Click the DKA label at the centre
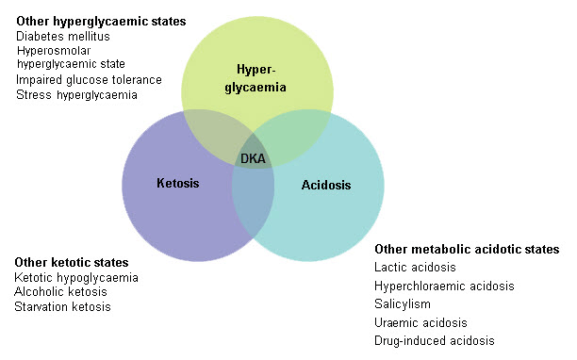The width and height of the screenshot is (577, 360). point(253,158)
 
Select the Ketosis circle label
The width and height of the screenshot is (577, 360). point(178,183)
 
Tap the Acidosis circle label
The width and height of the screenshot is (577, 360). point(326,186)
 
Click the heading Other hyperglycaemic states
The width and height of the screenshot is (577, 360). point(101,21)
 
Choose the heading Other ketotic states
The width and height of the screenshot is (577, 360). point(72,261)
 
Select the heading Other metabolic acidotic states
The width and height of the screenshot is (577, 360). point(467,250)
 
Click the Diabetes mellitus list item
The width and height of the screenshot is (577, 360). point(63,37)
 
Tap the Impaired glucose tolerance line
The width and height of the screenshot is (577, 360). point(89,80)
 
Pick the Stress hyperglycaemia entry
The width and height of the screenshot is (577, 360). point(76,94)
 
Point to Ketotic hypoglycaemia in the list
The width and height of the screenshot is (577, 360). point(76,277)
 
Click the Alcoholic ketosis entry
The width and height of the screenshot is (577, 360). point(61,292)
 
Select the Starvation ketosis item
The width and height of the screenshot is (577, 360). point(63,306)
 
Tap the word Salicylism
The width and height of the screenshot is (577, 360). point(403,305)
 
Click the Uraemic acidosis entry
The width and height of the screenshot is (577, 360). point(420,323)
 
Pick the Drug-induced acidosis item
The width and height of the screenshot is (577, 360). point(435,340)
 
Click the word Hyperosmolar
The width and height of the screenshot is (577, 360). point(53,51)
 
